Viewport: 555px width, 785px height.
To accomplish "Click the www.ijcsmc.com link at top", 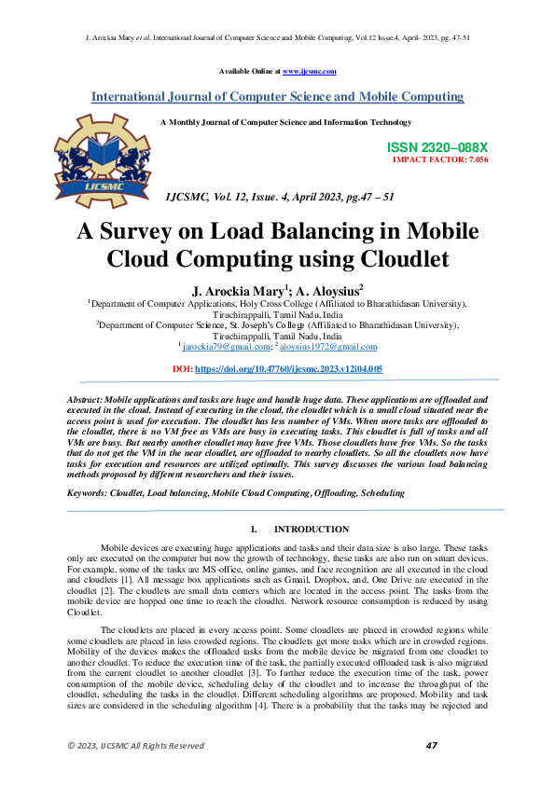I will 309,72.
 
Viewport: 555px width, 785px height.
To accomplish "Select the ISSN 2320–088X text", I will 437,147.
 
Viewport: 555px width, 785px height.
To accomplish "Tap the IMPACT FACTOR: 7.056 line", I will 440,159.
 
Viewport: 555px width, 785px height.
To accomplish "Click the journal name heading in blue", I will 277,97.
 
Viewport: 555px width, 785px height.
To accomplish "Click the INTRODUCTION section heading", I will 304,529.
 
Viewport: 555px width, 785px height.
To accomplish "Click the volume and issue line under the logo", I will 279,198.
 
